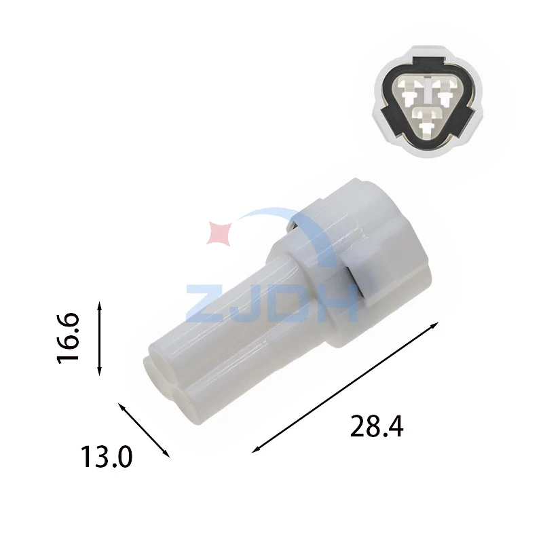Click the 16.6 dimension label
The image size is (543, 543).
pyautogui.click(x=69, y=338)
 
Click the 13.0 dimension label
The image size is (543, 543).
pyautogui.click(x=107, y=457)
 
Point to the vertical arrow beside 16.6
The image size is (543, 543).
pyautogui.click(x=99, y=338)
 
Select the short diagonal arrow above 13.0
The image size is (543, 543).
pyautogui.click(x=144, y=430)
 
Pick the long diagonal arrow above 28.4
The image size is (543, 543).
pyautogui.click(x=345, y=388)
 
